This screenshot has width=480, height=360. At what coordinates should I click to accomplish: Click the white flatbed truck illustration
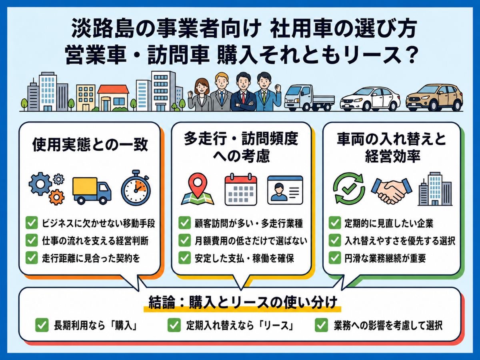(309, 98)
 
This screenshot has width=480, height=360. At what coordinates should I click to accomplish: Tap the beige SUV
(434, 98)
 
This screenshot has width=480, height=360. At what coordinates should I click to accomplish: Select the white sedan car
(370, 99)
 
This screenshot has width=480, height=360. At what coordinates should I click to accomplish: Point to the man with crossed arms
(243, 92)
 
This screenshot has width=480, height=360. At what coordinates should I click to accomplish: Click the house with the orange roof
(113, 98)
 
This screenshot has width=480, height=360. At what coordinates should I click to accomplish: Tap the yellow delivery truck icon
(92, 191)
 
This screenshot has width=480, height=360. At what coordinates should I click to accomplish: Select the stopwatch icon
(136, 188)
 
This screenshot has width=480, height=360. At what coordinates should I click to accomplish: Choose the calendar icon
(241, 189)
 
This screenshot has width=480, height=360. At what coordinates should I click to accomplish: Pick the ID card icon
(285, 190)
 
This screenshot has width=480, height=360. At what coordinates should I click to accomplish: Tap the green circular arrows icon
(349, 189)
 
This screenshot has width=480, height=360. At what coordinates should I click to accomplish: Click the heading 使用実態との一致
(90, 145)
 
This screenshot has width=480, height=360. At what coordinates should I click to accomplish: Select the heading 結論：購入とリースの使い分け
(242, 302)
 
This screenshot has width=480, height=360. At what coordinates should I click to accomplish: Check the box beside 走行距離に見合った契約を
(32, 258)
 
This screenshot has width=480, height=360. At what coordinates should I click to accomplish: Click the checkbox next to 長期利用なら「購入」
(42, 325)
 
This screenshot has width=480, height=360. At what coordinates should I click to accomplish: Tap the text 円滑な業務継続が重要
(385, 258)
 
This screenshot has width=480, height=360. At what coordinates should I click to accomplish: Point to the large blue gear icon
(40, 184)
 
